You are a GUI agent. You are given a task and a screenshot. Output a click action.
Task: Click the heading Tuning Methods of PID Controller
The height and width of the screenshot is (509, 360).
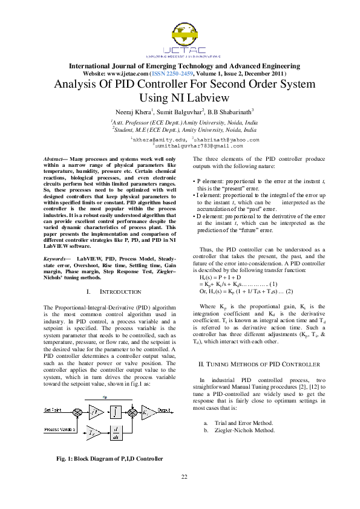click(x=260, y=365)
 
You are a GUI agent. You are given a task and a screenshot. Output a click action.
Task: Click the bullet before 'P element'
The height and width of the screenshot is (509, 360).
click(x=193, y=181)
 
